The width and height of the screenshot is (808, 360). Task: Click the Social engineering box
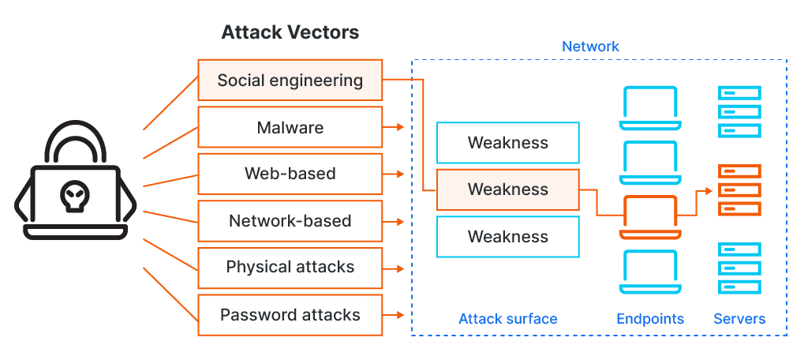pyautogui.click(x=290, y=80)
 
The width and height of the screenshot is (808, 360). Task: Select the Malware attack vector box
pyautogui.click(x=290, y=127)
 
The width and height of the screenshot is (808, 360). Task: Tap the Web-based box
pyautogui.click(x=290, y=174)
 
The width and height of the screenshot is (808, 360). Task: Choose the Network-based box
pyautogui.click(x=290, y=221)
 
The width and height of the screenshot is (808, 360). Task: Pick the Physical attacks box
pyautogui.click(x=290, y=268)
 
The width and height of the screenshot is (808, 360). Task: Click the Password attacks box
pyautogui.click(x=290, y=315)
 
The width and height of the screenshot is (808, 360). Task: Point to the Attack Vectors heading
pyautogui.click(x=290, y=32)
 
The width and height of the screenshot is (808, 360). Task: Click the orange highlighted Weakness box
pyautogui.click(x=507, y=189)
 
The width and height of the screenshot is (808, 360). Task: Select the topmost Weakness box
pyautogui.click(x=507, y=143)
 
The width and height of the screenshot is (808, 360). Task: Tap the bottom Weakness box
pyautogui.click(x=507, y=237)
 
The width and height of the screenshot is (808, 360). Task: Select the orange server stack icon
pyautogui.click(x=739, y=190)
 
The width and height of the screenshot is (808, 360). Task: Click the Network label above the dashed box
pyautogui.click(x=590, y=47)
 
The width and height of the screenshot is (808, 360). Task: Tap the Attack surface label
pyautogui.click(x=507, y=319)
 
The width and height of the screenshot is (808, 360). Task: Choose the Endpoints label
pyautogui.click(x=650, y=319)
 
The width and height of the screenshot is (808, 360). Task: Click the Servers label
pyautogui.click(x=739, y=319)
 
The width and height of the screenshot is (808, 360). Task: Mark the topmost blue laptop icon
pyautogui.click(x=650, y=108)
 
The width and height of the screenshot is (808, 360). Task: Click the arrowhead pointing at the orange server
pyautogui.click(x=709, y=190)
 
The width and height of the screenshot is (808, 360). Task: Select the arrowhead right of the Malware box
pyautogui.click(x=399, y=127)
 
